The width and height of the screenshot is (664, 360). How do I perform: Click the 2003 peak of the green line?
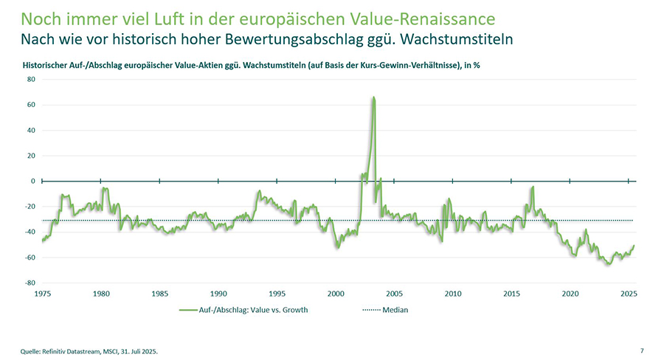tap(374, 97)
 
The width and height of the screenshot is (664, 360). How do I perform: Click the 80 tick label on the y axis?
tap(32, 80)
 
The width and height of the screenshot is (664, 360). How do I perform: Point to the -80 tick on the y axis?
tap(30, 283)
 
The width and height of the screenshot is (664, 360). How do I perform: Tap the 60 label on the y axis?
tap(32, 105)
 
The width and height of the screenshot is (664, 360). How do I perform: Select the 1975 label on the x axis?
tap(43, 294)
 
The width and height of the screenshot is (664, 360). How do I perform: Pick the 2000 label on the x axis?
tap(336, 294)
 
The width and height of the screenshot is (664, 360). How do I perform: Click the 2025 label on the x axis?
tap(629, 294)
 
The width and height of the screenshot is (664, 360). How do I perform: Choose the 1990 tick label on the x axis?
tap(218, 294)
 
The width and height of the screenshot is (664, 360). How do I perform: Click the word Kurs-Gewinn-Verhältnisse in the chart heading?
tap(389, 65)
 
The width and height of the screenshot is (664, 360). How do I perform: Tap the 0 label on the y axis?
tap(33, 181)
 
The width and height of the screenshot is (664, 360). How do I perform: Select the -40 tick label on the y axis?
tap(30, 232)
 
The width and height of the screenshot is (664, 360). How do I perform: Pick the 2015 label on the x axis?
tap(511, 294)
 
